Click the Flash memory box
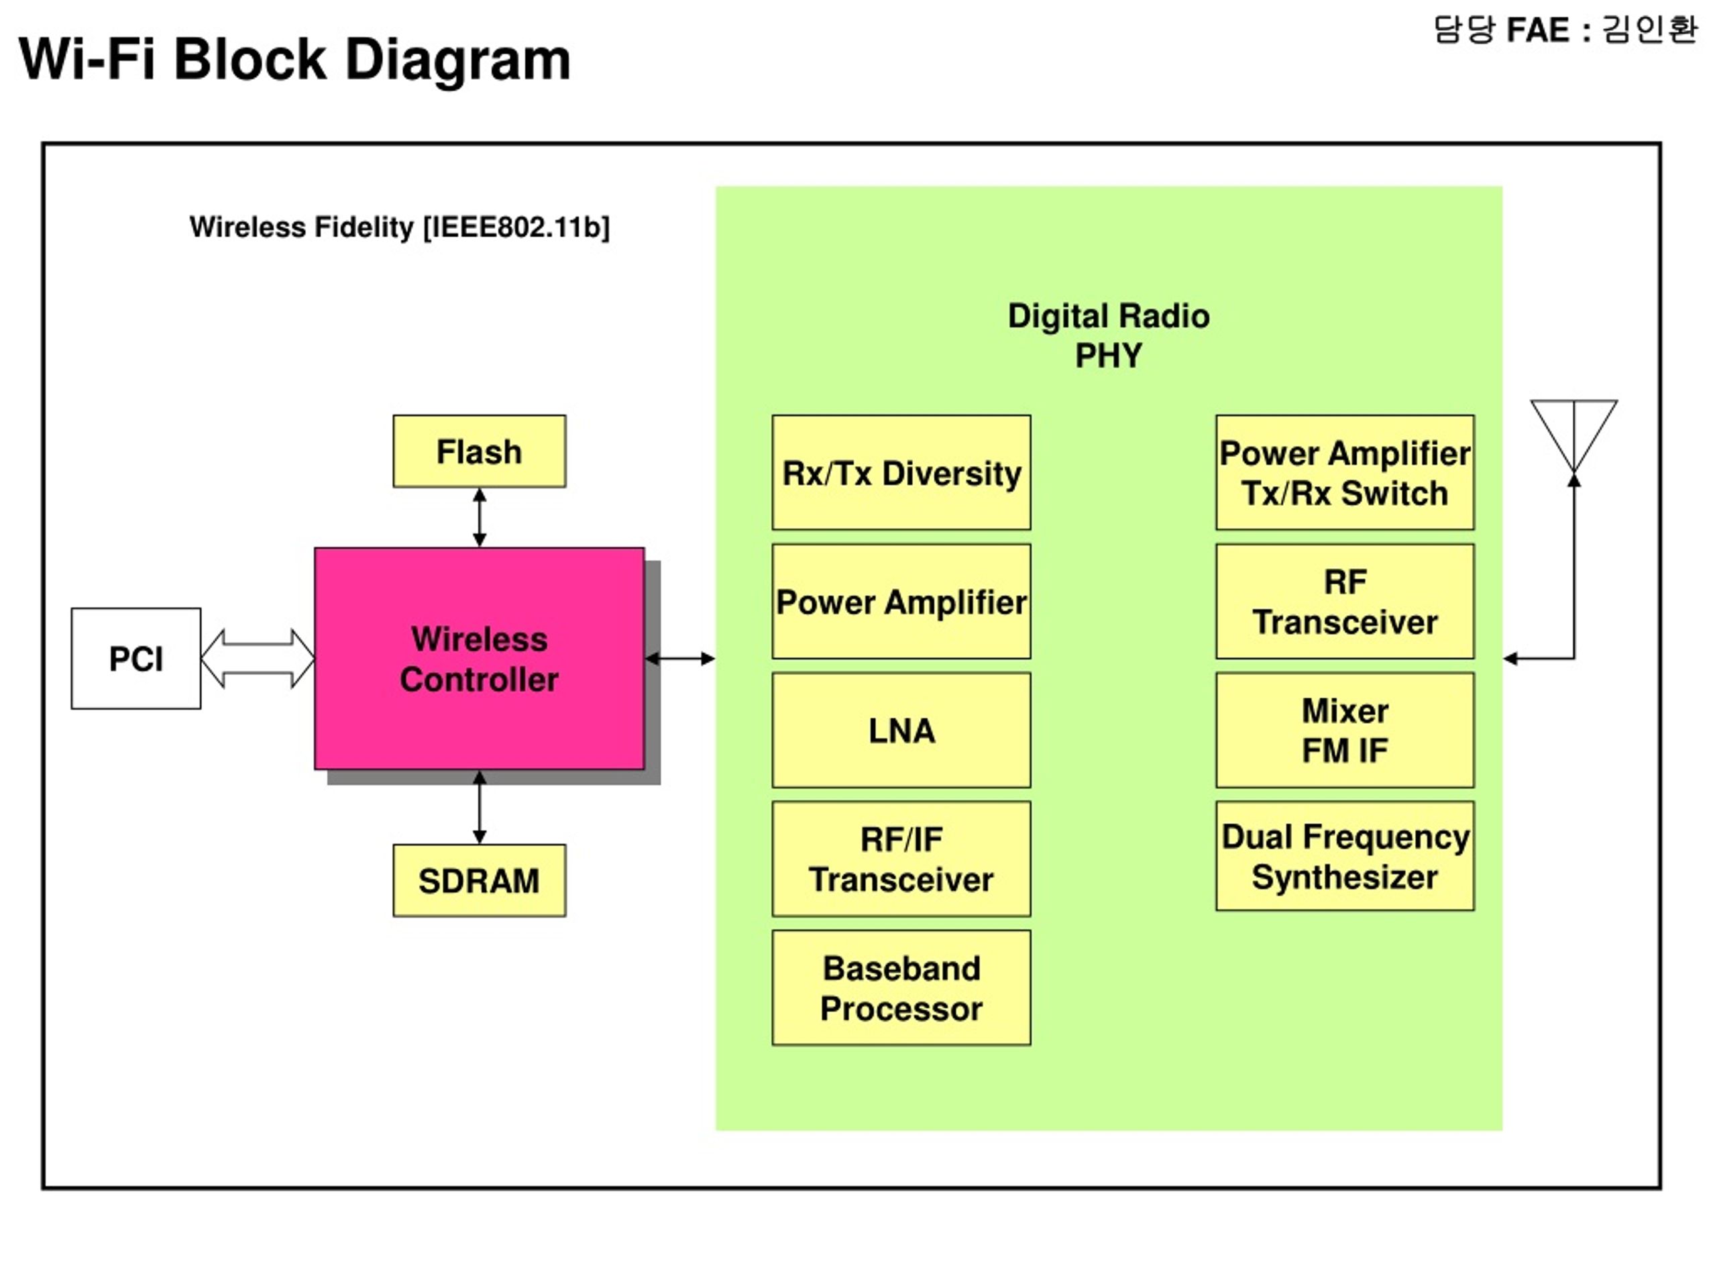(x=479, y=451)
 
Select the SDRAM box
(x=479, y=880)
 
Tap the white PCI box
(x=136, y=658)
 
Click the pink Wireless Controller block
(x=479, y=658)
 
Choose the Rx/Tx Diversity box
(x=901, y=472)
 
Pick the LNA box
(x=901, y=730)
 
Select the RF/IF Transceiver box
(x=901, y=859)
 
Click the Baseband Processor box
(x=901, y=987)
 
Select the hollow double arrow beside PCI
(x=258, y=658)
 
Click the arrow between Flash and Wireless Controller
(x=480, y=518)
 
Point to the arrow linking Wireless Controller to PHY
(x=680, y=658)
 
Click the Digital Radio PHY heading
(x=1109, y=335)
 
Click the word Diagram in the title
(x=458, y=60)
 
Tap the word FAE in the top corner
(x=1538, y=30)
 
